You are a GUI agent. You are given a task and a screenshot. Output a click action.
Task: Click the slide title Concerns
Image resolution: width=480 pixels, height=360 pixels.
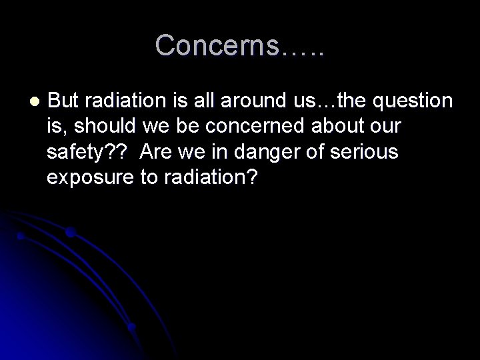point(240,45)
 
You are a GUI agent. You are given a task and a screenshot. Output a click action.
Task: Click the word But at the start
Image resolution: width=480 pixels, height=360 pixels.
point(64,101)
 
